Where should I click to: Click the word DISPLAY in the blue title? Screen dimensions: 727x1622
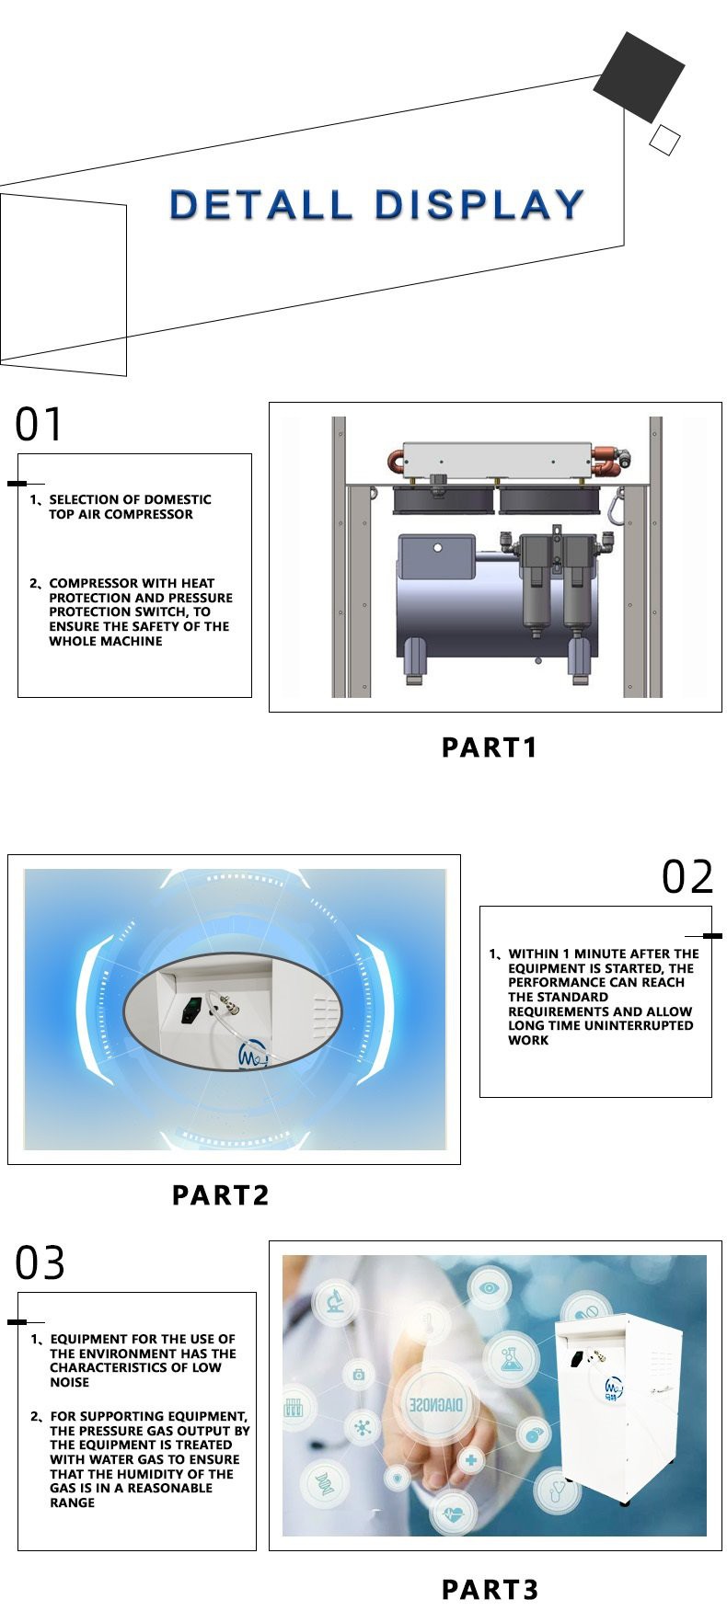point(480,204)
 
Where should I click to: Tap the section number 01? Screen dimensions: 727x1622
point(39,425)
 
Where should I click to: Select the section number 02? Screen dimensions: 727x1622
point(687,876)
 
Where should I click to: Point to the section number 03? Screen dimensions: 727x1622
point(40,1262)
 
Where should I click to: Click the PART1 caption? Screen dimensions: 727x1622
point(489,748)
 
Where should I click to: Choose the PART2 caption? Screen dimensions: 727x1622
point(220,1195)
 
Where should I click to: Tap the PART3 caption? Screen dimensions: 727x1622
point(490,1589)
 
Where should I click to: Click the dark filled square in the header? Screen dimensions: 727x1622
point(639,77)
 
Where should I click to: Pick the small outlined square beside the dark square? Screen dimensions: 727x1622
point(664,140)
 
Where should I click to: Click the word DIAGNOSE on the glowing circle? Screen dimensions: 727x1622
point(436,1405)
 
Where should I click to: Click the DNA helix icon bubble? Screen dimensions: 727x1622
point(324,1481)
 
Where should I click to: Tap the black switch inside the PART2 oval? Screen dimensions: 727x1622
point(191,1010)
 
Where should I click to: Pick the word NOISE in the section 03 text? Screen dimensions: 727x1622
point(70,1382)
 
